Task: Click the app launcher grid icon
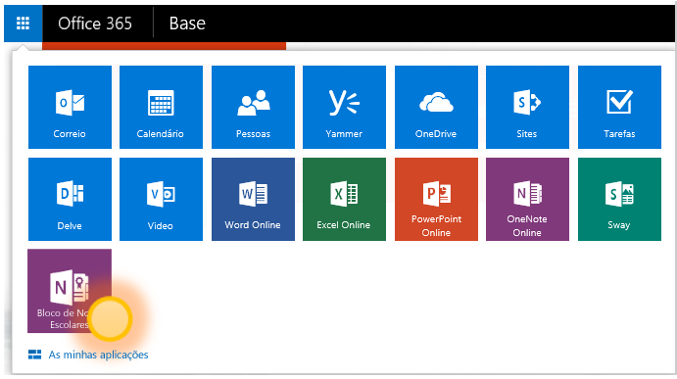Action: [x=23, y=24]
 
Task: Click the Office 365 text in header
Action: [x=95, y=24]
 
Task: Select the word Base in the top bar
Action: [x=187, y=24]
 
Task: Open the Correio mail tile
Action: [x=70, y=107]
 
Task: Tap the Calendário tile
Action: [x=161, y=107]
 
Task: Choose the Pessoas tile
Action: [x=253, y=107]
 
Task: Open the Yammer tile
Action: [x=344, y=107]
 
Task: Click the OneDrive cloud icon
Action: [x=437, y=103]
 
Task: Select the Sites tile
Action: [x=527, y=107]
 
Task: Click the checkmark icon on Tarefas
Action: [x=619, y=102]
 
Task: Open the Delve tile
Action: [x=70, y=199]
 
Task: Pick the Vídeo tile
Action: [x=161, y=199]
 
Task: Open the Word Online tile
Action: [x=253, y=199]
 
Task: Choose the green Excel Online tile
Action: [x=344, y=199]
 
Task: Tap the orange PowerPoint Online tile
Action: [x=437, y=199]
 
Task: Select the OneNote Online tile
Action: [x=527, y=199]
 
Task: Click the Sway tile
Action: [x=619, y=199]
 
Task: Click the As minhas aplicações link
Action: [x=98, y=355]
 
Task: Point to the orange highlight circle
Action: [x=110, y=318]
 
